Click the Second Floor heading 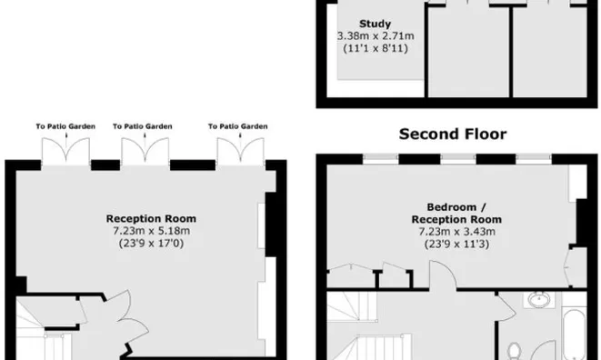coord(453,135)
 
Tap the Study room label coord(376,25)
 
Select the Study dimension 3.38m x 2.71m coord(376,36)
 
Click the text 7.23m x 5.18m coord(152,231)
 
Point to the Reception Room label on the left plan coord(152,218)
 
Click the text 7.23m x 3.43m coord(456,232)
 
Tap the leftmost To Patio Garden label coord(65,126)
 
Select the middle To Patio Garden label coord(143,126)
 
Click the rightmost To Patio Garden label coord(238,126)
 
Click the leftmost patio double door coord(66,152)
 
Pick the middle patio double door coord(145,152)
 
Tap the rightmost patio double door coord(240,152)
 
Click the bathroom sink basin coord(539,300)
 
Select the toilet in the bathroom coord(515,351)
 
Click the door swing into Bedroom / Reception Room coord(443,275)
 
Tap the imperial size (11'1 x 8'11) coord(376,48)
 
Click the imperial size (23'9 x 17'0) coord(152,243)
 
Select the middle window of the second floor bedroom coord(458,159)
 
